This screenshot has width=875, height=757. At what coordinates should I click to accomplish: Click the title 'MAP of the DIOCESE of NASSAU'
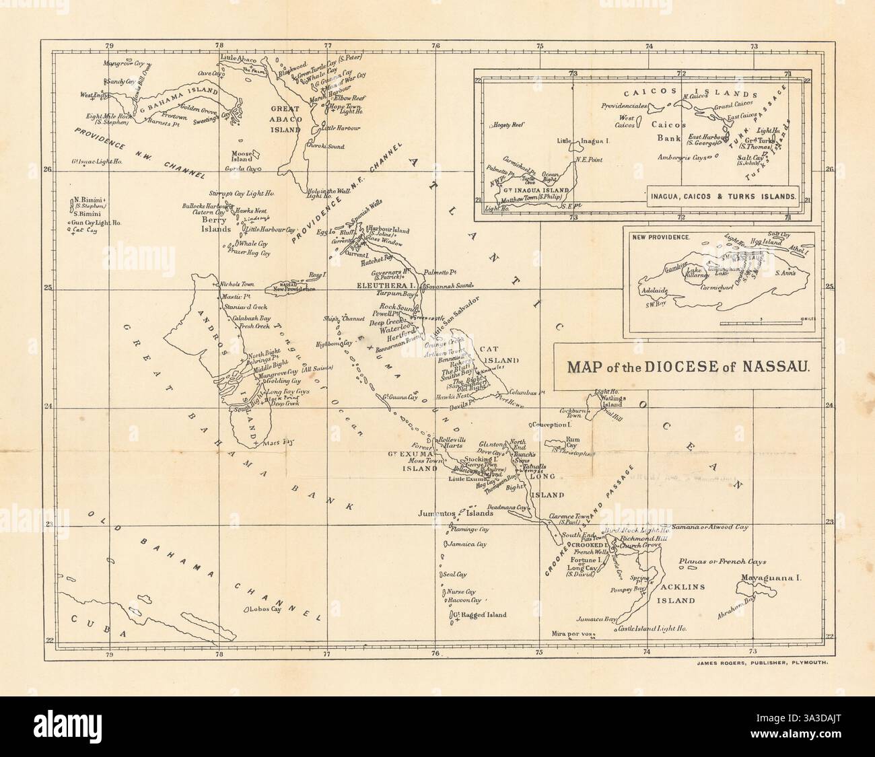click(x=687, y=367)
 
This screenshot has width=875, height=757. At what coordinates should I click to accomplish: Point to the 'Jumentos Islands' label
click(x=455, y=513)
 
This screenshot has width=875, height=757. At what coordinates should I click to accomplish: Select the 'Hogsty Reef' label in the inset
click(x=508, y=125)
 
